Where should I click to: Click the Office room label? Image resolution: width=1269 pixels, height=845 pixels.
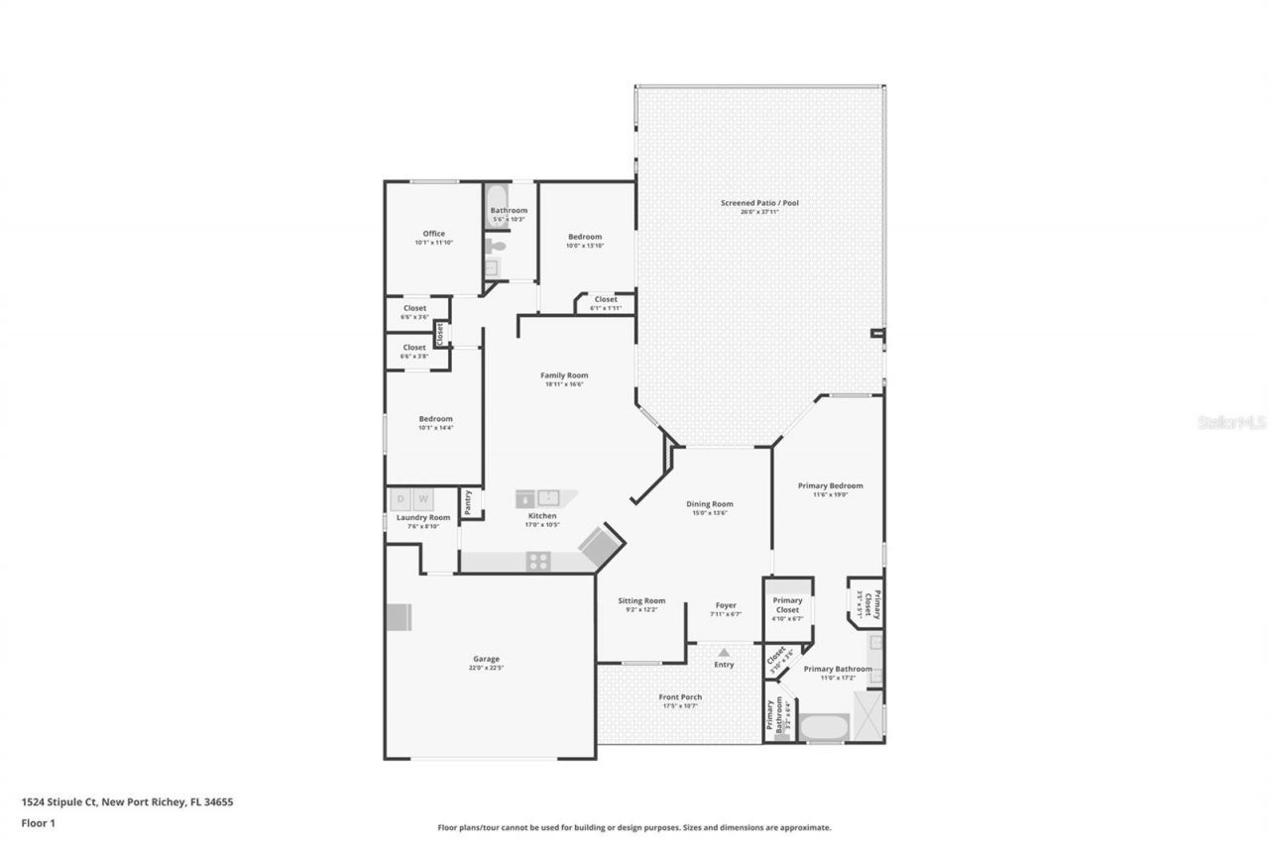pos(433,234)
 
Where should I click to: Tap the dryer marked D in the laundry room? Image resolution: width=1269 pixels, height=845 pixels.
pos(402,499)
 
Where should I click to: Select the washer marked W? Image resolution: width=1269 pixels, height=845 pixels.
pos(423,499)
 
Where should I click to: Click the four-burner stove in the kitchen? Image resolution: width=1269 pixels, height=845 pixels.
pos(538,561)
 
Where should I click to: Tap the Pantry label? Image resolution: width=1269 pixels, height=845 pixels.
pos(468,502)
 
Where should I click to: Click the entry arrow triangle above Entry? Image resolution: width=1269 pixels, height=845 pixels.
pos(724,652)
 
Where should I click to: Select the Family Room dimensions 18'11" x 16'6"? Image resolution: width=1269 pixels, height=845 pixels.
pos(564,384)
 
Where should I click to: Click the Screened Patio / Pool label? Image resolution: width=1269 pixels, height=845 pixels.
pos(759,203)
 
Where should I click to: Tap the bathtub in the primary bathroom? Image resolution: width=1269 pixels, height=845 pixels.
pos(823,728)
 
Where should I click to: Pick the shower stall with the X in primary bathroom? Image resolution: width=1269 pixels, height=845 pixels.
pos(867,711)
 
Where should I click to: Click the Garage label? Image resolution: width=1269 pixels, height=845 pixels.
pos(486,659)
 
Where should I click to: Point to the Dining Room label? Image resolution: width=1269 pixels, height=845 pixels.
pos(710,504)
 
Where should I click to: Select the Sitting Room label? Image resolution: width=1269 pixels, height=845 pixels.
pos(641,601)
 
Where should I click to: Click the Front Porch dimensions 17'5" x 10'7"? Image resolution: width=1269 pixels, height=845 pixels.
pos(680,706)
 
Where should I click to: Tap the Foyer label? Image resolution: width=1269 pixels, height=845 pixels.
pos(726,605)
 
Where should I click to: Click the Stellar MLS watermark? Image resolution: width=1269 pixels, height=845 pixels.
pos(1231,422)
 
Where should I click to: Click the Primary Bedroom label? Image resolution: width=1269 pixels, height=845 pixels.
pos(830,485)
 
